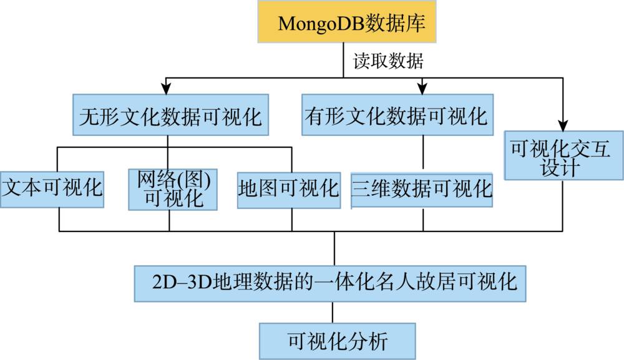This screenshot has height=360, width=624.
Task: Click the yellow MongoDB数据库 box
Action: coord(346,21)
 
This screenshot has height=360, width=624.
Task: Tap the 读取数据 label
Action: coord(388,61)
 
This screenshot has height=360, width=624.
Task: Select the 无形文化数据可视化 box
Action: coord(171,115)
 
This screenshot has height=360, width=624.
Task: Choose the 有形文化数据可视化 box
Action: coord(397,115)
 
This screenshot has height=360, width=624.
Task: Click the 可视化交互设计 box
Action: coord(563,155)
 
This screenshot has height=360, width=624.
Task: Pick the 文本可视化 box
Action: coord(52,190)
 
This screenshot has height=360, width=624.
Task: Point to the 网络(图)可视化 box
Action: coord(173,190)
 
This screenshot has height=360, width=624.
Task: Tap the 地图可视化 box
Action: coord(289,190)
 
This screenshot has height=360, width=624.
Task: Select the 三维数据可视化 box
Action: coord(422,190)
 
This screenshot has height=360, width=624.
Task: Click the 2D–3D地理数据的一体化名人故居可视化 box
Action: coord(330,284)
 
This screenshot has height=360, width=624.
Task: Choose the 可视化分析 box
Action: coord(338,341)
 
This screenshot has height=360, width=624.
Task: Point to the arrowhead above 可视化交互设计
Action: coord(563,125)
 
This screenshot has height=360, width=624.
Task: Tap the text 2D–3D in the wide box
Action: coord(182,283)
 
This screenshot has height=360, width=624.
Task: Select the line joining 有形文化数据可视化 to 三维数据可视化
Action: coord(423,152)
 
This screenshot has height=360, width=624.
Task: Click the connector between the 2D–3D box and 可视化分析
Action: coord(333,313)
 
